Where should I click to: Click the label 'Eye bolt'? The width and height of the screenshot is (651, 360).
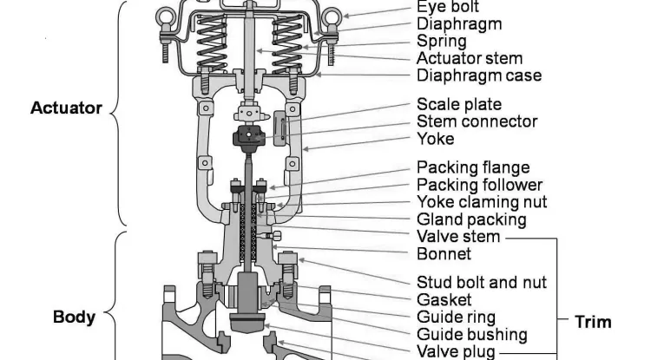pos(450,7)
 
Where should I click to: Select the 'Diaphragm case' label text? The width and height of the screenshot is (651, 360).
pos(479,75)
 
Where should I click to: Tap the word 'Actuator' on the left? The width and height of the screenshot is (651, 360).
pos(66,108)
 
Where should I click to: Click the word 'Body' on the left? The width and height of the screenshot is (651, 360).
pos(75,317)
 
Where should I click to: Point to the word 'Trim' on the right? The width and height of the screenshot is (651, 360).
pos(593,322)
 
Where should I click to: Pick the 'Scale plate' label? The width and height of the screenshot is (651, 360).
pos(459,105)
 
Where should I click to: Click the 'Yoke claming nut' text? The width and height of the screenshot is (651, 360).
pos(481,202)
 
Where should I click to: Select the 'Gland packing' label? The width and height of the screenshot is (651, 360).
pos(471,219)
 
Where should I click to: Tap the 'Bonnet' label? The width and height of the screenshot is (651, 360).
pos(444,254)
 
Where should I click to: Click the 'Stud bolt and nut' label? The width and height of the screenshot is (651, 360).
pos(482,282)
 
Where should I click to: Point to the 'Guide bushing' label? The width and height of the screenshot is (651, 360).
pos(471,334)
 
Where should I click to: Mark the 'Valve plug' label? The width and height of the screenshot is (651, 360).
pos(456,351)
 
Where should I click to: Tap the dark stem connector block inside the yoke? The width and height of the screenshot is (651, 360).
pos(249,136)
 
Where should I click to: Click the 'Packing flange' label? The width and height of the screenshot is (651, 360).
pos(473,167)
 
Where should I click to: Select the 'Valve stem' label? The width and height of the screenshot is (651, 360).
pos(458,237)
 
